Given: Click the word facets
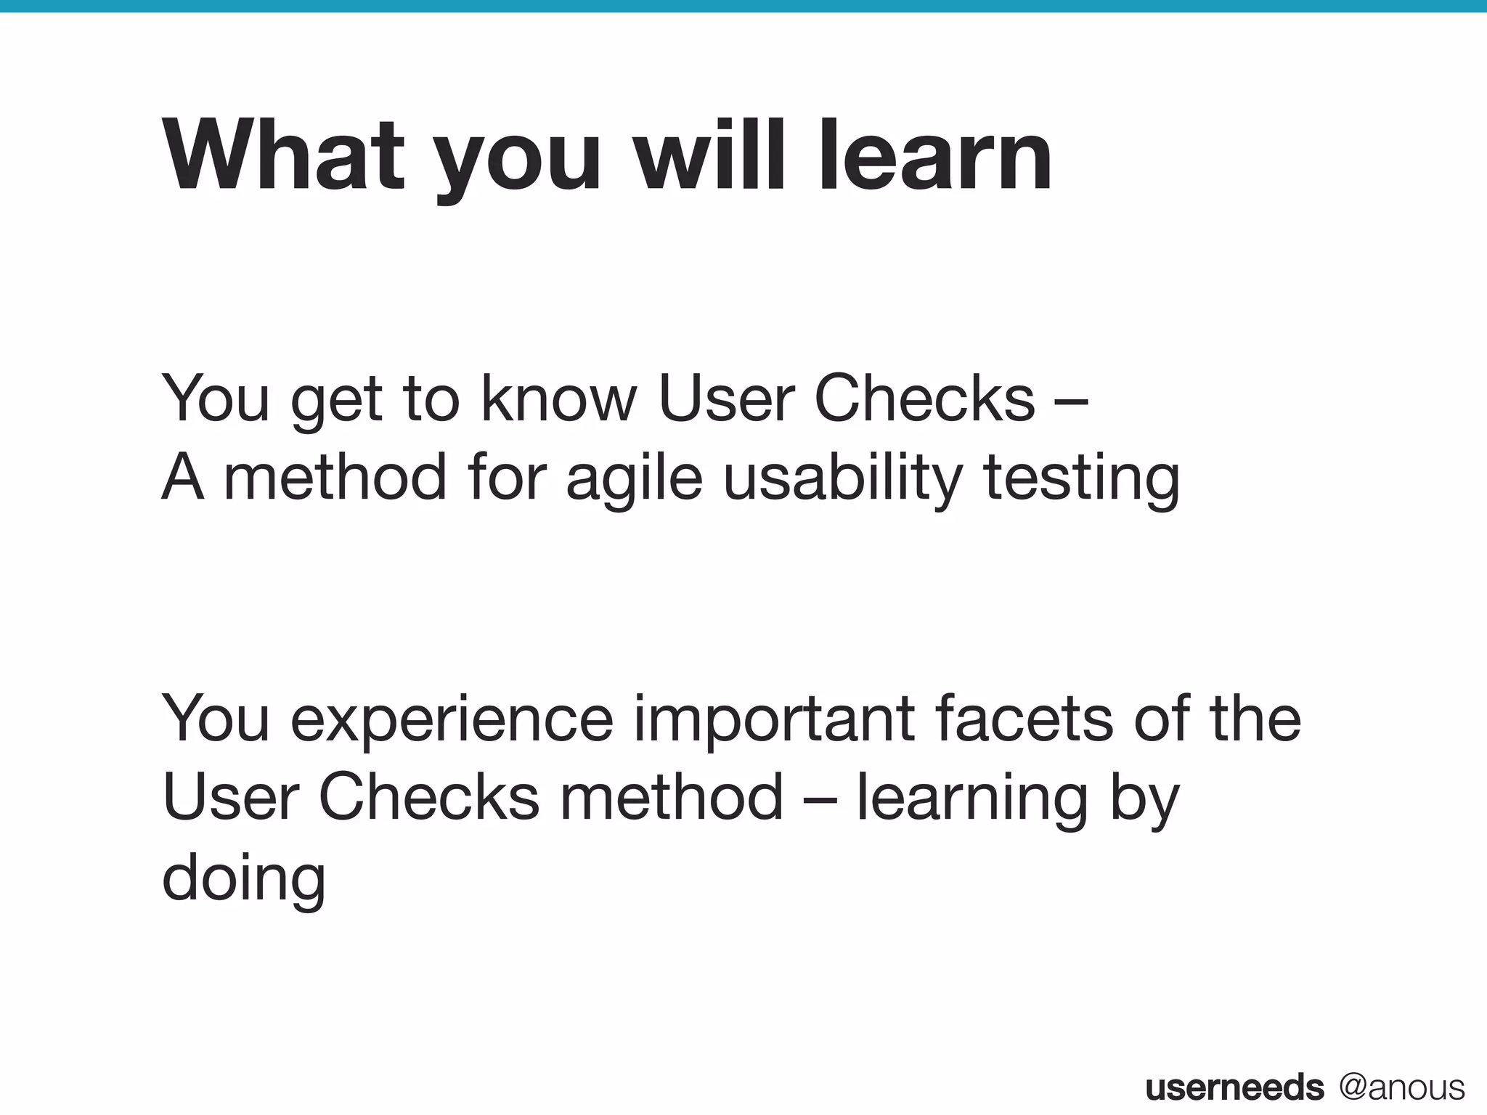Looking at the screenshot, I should click(x=1024, y=719).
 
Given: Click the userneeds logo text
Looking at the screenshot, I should click(x=1234, y=1087).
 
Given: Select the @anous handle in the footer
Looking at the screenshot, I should click(x=1401, y=1087).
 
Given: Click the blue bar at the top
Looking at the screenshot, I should click(x=743, y=6).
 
